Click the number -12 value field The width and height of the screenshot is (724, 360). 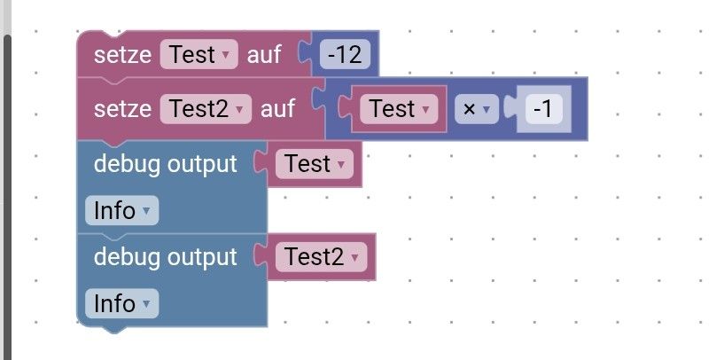pyautogui.click(x=345, y=55)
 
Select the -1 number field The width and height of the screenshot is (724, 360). pyautogui.click(x=544, y=109)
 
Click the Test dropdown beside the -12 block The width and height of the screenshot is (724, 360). pyautogui.click(x=199, y=55)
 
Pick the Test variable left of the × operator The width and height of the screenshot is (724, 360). pyautogui.click(x=398, y=109)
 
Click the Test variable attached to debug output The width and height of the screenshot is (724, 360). pyautogui.click(x=314, y=164)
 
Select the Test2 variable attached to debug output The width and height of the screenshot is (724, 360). pyautogui.click(x=320, y=257)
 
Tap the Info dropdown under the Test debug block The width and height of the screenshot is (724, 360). pyautogui.click(x=121, y=211)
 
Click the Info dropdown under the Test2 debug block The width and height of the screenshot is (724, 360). pyautogui.click(x=121, y=304)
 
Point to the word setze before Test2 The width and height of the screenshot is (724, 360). pyautogui.click(x=122, y=109)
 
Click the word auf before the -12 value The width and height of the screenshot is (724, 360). pyautogui.click(x=263, y=55)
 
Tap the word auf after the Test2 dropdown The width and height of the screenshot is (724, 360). pyautogui.click(x=276, y=109)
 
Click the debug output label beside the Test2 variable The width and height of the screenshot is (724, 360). pyautogui.click(x=166, y=257)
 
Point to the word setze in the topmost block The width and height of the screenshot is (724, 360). pyautogui.click(x=122, y=55)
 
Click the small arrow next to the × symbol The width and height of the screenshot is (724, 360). pyautogui.click(x=486, y=110)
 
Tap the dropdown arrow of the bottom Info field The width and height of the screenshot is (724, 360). pyautogui.click(x=146, y=305)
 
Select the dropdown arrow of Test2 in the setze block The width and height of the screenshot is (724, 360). pyautogui.click(x=239, y=110)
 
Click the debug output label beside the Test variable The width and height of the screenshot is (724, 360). pyautogui.click(x=166, y=164)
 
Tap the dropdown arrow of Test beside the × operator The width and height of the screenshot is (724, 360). pyautogui.click(x=426, y=110)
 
